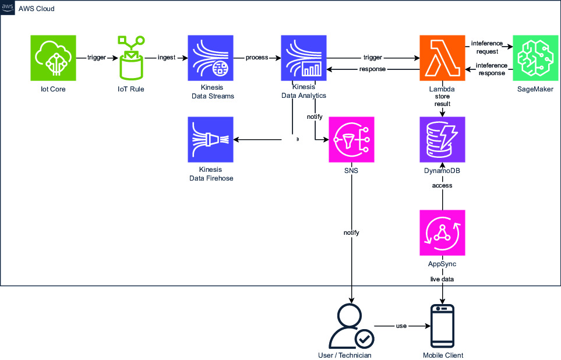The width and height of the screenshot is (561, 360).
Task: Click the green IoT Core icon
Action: [x=53, y=58]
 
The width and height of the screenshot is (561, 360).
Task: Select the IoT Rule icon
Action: [x=131, y=58]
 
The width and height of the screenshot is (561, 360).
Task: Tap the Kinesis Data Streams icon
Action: [x=210, y=58]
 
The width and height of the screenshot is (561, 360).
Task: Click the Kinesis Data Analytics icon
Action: [x=304, y=58]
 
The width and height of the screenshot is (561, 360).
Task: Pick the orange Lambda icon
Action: [x=443, y=58]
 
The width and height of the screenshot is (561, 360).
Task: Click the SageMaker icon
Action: [x=535, y=58]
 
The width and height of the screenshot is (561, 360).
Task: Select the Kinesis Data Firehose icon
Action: [x=210, y=139]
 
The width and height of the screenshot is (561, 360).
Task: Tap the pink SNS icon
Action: [x=351, y=139]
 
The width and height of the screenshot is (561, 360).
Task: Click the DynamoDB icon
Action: [x=443, y=139]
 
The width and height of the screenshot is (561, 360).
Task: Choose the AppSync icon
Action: [x=443, y=233]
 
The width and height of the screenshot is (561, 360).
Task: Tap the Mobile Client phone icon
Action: [x=443, y=326]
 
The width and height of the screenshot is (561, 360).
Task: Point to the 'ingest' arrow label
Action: [x=167, y=58]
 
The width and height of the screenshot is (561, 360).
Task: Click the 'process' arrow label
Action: [x=257, y=58]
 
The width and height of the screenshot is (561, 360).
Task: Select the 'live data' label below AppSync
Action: [x=443, y=279]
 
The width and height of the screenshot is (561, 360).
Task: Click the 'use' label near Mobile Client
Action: [x=401, y=326]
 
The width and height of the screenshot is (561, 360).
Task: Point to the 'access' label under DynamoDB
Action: [x=443, y=185]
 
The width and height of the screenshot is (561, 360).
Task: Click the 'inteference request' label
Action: [x=486, y=47]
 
